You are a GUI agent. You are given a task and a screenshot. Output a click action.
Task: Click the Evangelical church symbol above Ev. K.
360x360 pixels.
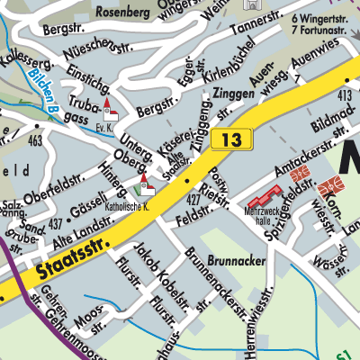point(111,110)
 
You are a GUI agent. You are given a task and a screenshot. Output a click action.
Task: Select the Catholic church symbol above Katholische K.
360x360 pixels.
point(144,186)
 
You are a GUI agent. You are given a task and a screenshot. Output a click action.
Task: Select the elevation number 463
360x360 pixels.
point(35,140)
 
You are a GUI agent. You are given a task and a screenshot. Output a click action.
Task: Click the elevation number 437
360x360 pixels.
point(55,221)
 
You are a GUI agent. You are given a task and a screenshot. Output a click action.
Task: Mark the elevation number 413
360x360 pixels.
point(346,94)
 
